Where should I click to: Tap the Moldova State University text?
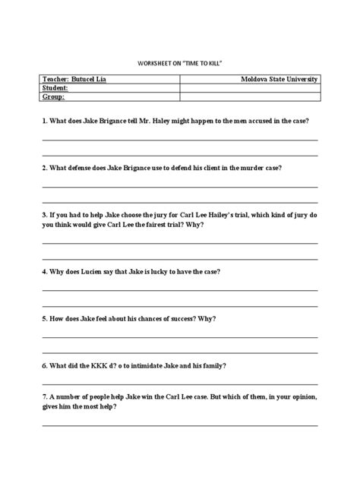point(279,80)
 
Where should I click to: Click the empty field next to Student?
point(248,88)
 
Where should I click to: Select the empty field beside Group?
point(248,96)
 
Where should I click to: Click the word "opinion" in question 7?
point(303,396)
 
